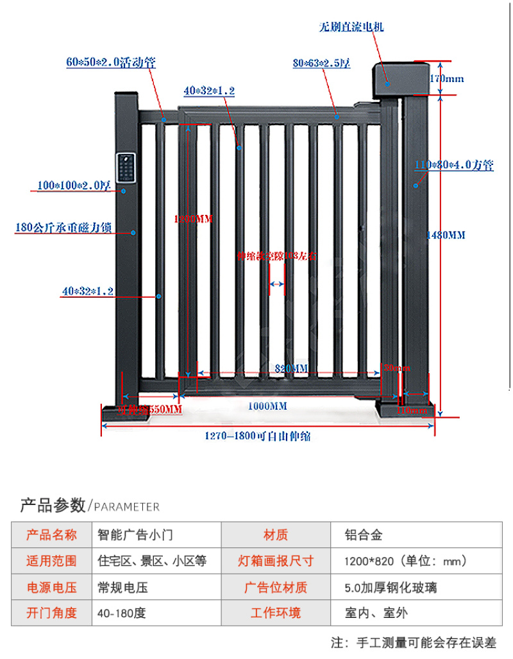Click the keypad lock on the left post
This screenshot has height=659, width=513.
(x=126, y=169)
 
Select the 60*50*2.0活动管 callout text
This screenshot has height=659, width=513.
(x=111, y=62)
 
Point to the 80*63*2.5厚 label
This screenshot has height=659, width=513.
(x=321, y=64)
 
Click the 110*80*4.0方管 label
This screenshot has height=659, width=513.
(x=454, y=166)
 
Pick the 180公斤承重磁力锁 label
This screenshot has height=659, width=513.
(x=63, y=228)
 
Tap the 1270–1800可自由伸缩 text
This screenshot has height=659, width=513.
(x=258, y=437)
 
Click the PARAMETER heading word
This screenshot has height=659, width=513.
(x=127, y=507)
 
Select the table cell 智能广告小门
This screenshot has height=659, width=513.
(x=135, y=535)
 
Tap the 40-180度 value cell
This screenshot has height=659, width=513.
(x=122, y=613)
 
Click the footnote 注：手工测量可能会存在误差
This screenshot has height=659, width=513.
(x=414, y=643)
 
